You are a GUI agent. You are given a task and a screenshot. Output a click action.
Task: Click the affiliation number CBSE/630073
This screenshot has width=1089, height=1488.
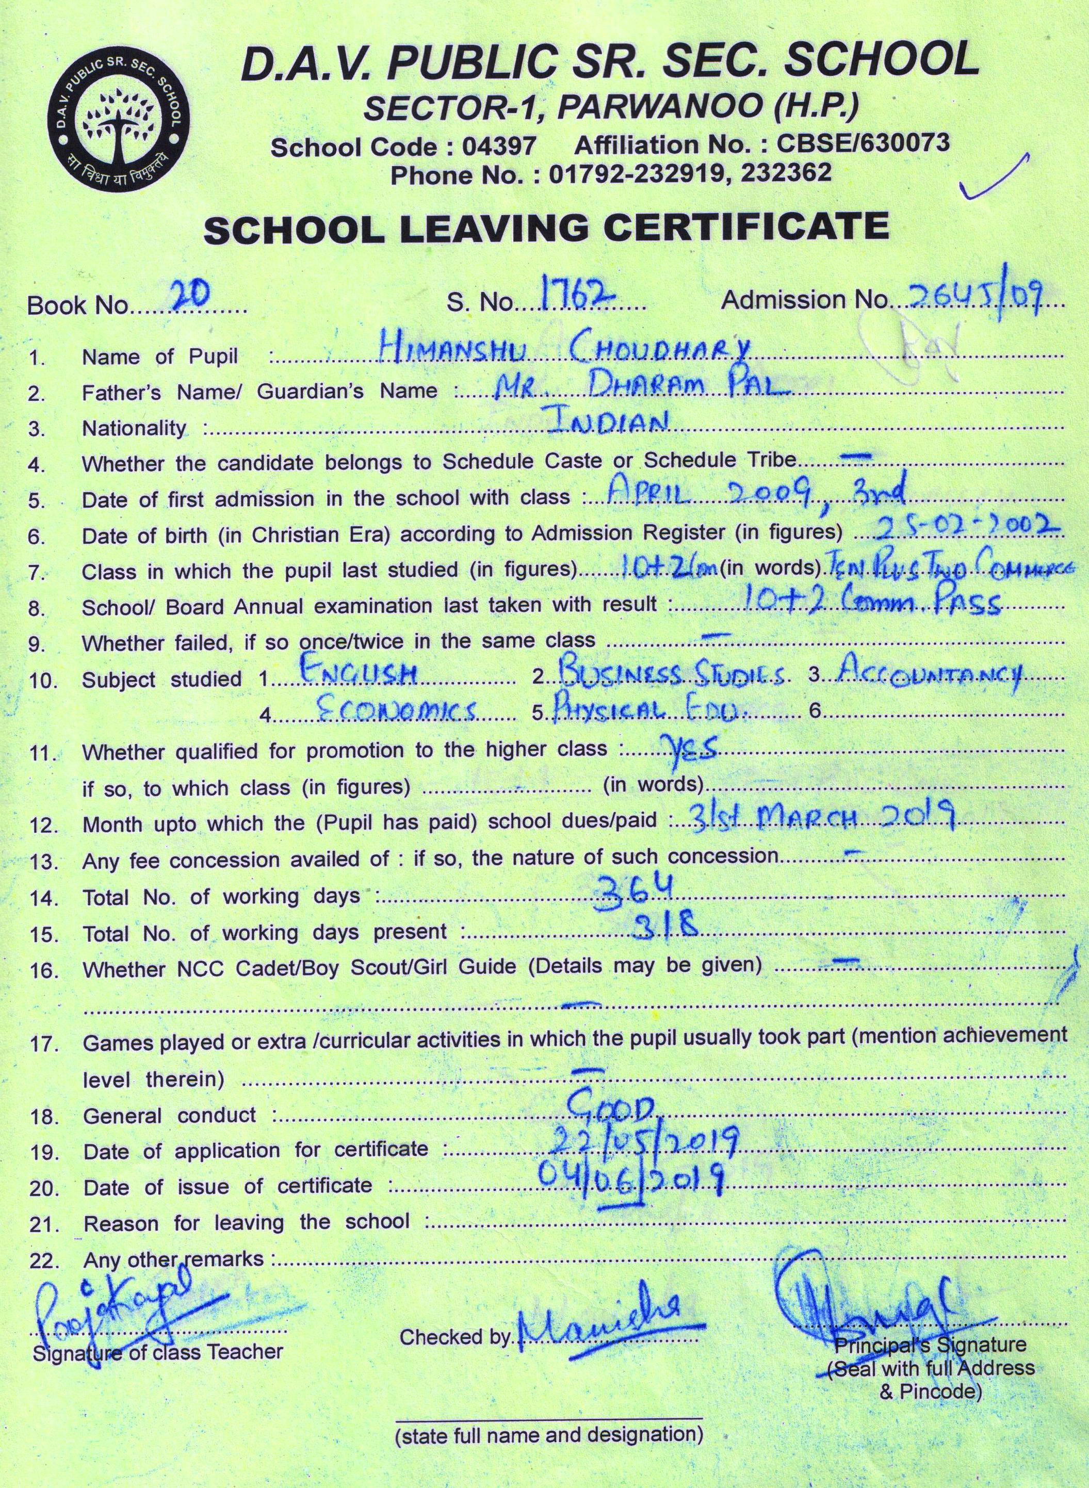864,142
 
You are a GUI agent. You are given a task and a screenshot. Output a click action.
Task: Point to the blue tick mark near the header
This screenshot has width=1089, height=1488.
996,180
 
